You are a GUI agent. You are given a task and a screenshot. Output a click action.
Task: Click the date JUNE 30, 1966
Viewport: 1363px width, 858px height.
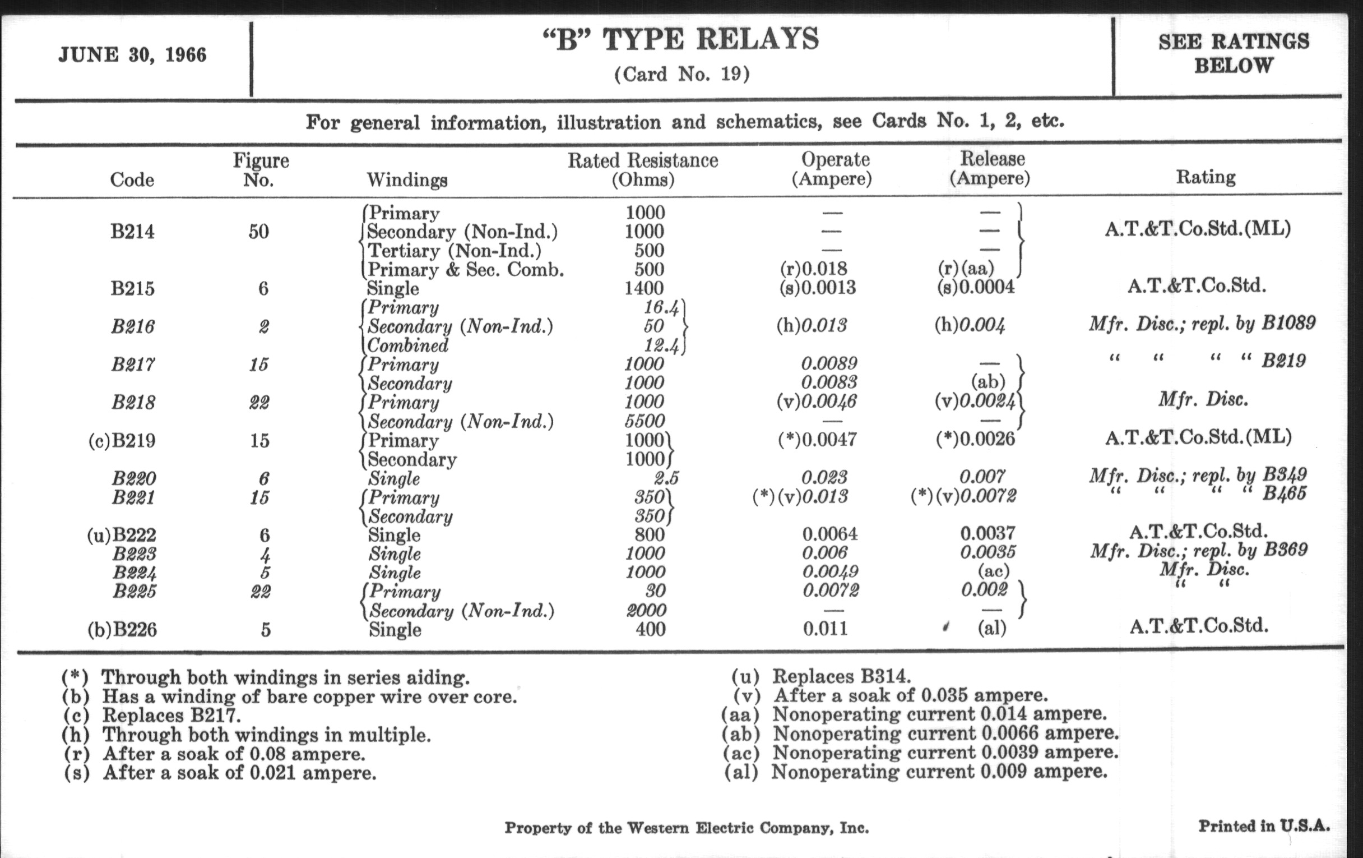pos(132,55)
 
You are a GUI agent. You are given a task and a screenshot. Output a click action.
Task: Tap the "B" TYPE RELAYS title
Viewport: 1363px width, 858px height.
pos(681,40)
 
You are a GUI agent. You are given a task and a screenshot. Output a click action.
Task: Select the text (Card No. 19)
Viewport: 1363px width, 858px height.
pos(682,74)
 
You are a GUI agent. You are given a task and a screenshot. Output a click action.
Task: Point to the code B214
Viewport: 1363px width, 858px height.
pos(132,232)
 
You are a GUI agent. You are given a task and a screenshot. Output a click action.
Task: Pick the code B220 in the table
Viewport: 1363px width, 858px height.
pos(133,478)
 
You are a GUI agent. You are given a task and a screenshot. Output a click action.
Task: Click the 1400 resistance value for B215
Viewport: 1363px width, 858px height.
pos(643,288)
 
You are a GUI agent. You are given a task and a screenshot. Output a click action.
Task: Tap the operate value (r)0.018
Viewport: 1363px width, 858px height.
pos(813,269)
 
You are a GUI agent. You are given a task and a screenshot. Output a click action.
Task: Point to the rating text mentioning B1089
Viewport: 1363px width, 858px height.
pos(1202,324)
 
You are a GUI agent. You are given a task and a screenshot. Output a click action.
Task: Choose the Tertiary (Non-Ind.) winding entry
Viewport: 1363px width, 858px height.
pos(455,250)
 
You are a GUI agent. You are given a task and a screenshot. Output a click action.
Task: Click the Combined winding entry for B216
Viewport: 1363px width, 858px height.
pos(407,345)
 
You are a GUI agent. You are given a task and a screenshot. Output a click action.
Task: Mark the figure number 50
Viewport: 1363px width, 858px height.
pos(259,232)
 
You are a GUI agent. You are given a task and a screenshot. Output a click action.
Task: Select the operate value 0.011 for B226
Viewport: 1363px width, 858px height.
pos(826,629)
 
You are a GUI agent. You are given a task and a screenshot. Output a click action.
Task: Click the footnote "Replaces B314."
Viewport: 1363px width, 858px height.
pos(841,676)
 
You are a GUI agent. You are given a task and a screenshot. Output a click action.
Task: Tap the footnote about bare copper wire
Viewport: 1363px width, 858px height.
pos(309,696)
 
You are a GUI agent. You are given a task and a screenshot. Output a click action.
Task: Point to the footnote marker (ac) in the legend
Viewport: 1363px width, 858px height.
pos(741,753)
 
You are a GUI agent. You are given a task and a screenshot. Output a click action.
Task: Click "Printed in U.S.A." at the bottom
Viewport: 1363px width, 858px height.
pos(1263,826)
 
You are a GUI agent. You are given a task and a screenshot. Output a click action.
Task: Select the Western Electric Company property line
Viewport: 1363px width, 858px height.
pos(686,828)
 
